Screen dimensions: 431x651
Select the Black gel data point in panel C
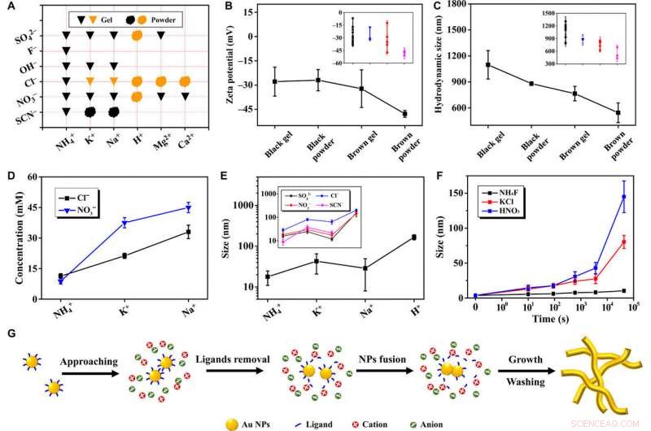pyautogui.click(x=488, y=64)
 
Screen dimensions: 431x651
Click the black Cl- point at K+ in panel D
pyautogui.click(x=125, y=255)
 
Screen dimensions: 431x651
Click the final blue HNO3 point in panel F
pyautogui.click(x=624, y=197)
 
